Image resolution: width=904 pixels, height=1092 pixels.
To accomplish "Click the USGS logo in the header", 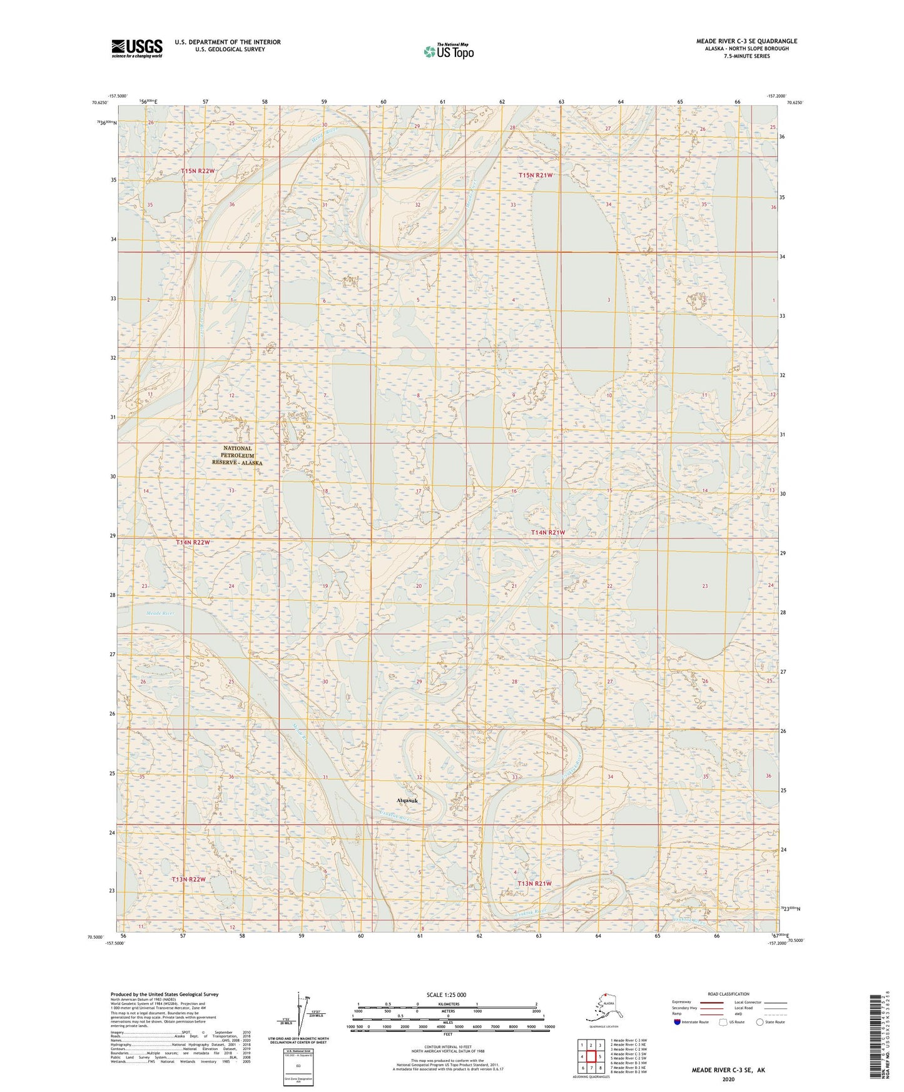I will [136, 48].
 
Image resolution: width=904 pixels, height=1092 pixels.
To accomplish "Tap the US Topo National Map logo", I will [448, 51].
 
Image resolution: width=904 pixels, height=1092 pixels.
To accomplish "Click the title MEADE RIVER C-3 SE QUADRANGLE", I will [746, 41].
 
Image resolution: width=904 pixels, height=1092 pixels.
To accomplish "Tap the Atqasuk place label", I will [407, 801].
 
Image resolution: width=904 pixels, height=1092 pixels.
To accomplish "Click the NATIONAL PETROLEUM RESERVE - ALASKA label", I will [237, 455].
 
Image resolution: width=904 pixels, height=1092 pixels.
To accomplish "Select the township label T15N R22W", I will [198, 171].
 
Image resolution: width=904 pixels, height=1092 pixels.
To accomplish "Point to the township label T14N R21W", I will [548, 532].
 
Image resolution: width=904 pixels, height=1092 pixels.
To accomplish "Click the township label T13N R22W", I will [188, 879].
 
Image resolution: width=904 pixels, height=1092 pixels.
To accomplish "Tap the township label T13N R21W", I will [534, 883].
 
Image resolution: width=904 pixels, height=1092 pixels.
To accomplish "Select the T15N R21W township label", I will [536, 175].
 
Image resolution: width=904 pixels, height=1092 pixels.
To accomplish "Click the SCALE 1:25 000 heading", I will [447, 994].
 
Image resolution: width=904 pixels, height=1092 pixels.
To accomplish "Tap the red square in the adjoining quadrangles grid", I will [591, 1056].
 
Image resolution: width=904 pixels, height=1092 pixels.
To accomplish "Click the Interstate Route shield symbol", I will [678, 1023].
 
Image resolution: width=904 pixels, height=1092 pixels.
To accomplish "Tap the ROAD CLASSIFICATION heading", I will [728, 994].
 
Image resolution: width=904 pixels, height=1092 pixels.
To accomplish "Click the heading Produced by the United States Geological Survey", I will [165, 994].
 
